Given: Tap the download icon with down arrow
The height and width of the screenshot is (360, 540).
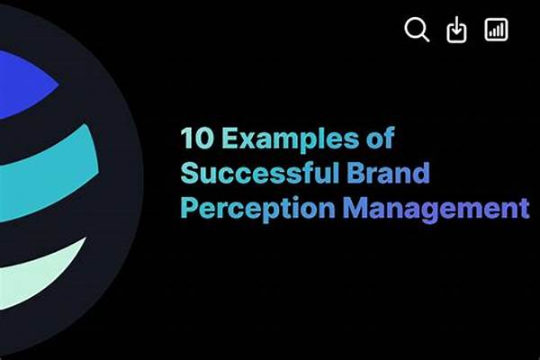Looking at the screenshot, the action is [456, 30].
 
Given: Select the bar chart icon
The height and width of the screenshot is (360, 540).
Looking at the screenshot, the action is [496, 30].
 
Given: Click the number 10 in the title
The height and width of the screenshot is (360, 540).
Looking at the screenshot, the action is [197, 138].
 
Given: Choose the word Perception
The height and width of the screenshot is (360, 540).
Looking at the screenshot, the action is [258, 209].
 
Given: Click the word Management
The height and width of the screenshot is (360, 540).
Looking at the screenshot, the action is [436, 209].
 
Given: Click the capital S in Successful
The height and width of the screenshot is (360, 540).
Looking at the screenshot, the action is [189, 173].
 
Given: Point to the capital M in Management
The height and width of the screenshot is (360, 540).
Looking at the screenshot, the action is [355, 208].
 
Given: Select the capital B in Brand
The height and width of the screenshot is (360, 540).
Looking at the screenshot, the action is [355, 173].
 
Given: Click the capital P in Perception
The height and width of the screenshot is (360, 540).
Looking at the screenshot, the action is [189, 208].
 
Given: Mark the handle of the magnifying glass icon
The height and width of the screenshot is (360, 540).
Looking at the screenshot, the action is [425, 38].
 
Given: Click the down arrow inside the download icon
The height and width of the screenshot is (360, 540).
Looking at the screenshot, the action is [456, 25].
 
